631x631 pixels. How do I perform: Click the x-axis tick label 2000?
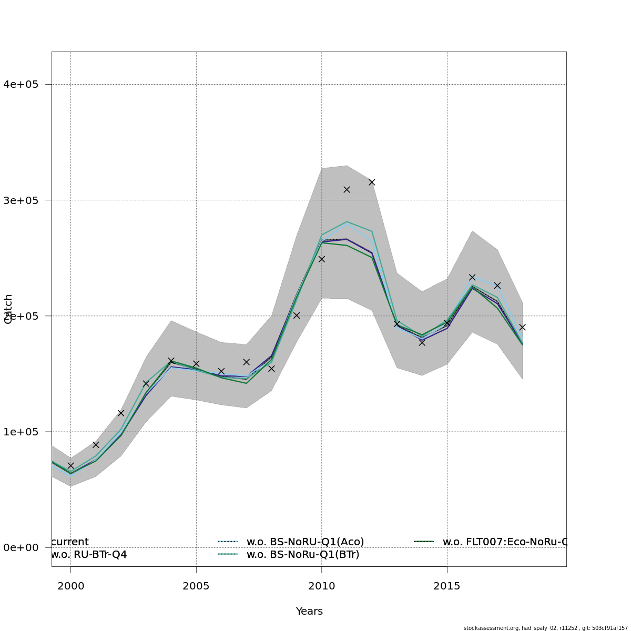[x=70, y=586]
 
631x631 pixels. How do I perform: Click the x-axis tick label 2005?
[x=196, y=586]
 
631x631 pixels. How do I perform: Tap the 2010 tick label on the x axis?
[x=321, y=586]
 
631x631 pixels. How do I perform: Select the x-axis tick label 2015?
[x=447, y=586]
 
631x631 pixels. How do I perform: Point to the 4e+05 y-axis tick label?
[x=21, y=84]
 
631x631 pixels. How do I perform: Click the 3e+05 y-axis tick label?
[x=21, y=200]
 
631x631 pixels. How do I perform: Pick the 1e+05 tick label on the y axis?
[x=21, y=432]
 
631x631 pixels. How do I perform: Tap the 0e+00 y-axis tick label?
[x=21, y=547]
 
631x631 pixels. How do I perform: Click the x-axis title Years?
[x=309, y=612]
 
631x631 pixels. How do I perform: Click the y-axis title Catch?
[x=8, y=309]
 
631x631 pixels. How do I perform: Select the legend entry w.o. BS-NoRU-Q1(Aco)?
[x=305, y=542]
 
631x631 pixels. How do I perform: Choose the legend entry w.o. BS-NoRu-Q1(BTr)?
[x=303, y=554]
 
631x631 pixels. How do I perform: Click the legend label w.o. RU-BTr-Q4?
[x=89, y=554]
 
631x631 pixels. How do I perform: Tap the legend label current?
[x=70, y=542]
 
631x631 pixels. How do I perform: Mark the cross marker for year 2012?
[x=372, y=182]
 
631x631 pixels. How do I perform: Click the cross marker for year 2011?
[x=347, y=189]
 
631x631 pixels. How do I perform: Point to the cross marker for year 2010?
[x=321, y=259]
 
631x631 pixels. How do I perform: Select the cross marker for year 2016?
[x=472, y=277]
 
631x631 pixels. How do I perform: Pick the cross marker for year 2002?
[x=121, y=413]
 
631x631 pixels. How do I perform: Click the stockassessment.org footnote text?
[x=545, y=628]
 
